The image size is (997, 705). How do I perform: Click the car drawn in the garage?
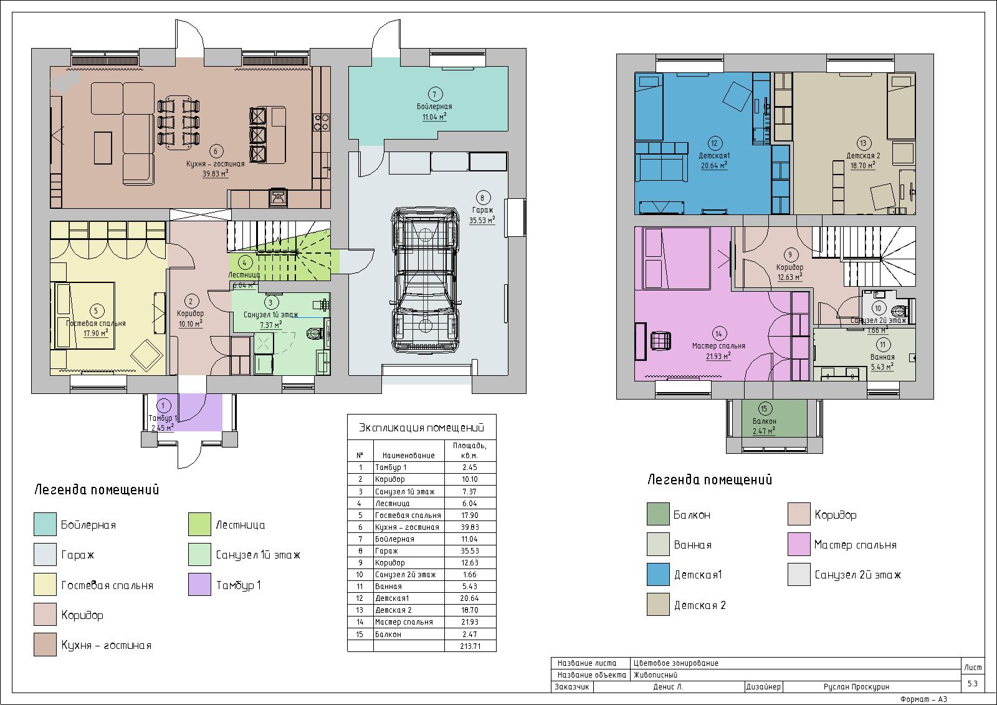424,280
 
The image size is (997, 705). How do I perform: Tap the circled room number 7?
434,94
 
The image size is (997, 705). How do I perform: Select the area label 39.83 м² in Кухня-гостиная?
216,174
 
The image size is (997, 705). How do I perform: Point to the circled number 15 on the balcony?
764,409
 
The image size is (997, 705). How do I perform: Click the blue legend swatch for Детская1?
658,575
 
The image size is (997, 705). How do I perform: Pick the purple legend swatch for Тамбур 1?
199,584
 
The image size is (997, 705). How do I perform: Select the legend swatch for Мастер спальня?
798,544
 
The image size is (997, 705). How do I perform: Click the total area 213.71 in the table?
470,646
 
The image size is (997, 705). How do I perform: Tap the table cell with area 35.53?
470,551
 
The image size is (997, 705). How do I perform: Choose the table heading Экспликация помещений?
421,428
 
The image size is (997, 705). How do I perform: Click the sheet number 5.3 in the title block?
973,683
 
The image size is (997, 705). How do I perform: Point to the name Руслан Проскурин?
856,687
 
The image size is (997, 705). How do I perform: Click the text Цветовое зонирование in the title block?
675,663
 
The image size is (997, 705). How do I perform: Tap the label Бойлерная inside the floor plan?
434,107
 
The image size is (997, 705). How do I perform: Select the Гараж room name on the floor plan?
482,210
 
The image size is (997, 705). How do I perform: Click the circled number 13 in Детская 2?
863,143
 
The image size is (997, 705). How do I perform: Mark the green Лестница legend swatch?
199,524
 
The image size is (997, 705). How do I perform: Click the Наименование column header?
409,455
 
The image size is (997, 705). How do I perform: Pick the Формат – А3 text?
923,699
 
